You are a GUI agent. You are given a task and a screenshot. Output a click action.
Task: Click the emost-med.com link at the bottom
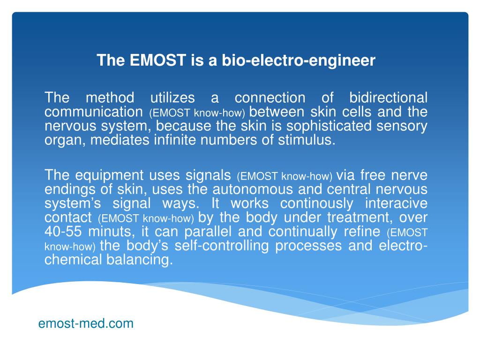pyautogui.click(x=86, y=323)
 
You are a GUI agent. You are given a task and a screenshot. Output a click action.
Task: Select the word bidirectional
pyautogui.click(x=389, y=98)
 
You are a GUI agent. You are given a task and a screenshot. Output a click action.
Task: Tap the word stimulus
pyautogui.click(x=310, y=141)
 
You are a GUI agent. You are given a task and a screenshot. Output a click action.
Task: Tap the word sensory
pyautogui.click(x=405, y=127)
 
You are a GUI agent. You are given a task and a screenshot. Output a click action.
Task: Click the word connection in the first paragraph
pyautogui.click(x=270, y=98)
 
